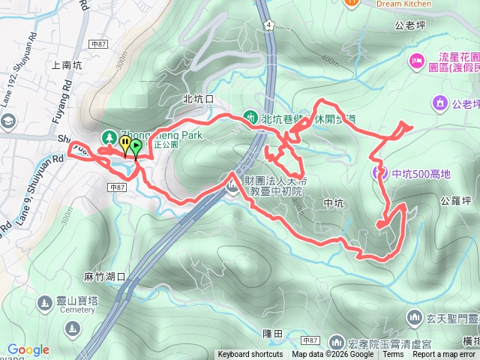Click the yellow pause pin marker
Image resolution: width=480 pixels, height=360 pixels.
[x=125, y=143]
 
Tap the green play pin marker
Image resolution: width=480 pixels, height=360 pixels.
[x=136, y=145]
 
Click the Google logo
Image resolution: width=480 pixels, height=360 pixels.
[x=28, y=349]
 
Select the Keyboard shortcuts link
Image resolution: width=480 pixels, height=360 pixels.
[x=250, y=355]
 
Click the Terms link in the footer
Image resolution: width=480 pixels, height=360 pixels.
[x=393, y=355]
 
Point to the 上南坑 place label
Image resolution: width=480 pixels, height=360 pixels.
[x=67, y=65]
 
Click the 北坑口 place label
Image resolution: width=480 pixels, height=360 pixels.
[x=198, y=99]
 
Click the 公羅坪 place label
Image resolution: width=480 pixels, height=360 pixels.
[x=456, y=200]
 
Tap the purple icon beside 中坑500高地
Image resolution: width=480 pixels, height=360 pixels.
[x=379, y=174]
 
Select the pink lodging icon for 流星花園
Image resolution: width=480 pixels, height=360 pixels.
[x=416, y=60]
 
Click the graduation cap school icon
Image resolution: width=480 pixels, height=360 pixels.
[x=9, y=121]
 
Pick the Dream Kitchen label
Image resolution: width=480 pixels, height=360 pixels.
[x=404, y=4]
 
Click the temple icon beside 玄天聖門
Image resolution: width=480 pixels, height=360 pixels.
[x=415, y=318]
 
